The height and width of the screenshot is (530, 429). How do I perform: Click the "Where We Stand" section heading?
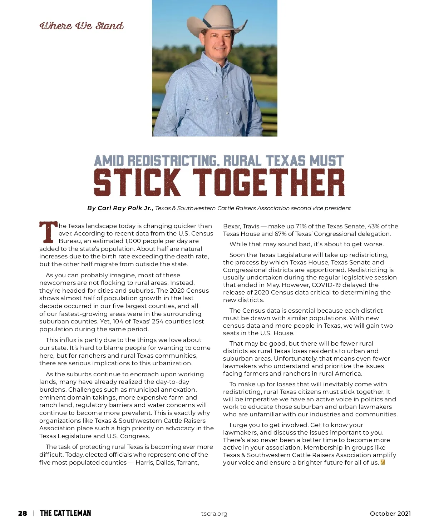click(x=82, y=26)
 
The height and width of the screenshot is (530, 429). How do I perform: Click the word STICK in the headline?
click(x=137, y=183)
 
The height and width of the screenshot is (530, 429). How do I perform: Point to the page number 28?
click(x=23, y=514)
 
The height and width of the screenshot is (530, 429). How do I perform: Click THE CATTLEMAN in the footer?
click(x=65, y=513)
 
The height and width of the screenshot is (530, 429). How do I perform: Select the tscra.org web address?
click(x=214, y=514)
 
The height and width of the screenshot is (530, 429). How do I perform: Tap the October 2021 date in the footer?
click(x=390, y=514)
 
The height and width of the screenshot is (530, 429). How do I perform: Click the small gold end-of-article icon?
click(x=383, y=462)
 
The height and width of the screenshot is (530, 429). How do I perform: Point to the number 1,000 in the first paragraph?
click(x=133, y=241)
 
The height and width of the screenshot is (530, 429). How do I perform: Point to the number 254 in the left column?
click(x=157, y=321)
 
